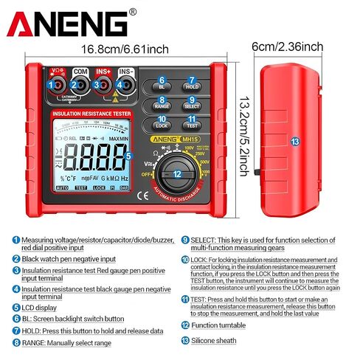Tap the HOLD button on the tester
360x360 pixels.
[x=192, y=86]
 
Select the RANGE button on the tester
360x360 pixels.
[x=162, y=105]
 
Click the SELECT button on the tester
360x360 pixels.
[x=192, y=105]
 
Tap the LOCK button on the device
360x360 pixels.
[x=162, y=125]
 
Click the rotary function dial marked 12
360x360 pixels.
[x=177, y=174]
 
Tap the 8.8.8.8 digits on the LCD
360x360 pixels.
[x=91, y=156]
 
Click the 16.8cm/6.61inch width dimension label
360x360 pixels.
[x=125, y=49]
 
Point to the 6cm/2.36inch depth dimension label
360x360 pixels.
[x=287, y=47]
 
